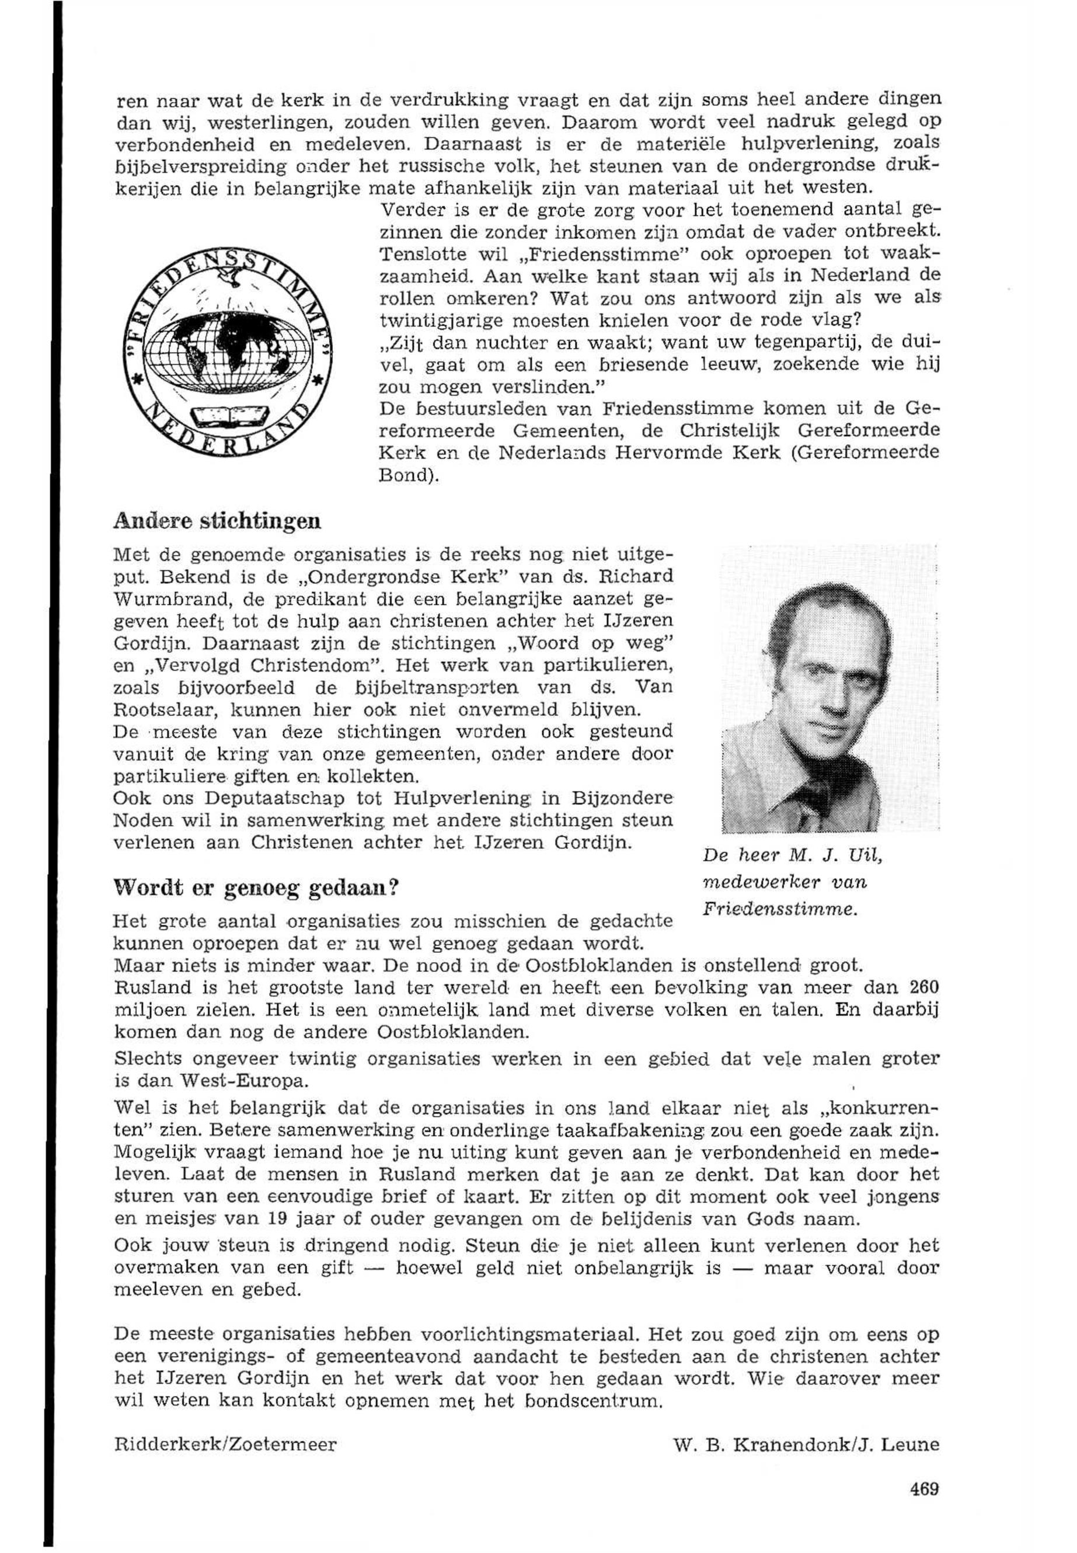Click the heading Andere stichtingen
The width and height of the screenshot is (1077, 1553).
pos(217,522)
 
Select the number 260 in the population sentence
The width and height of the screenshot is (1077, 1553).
pos(923,987)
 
